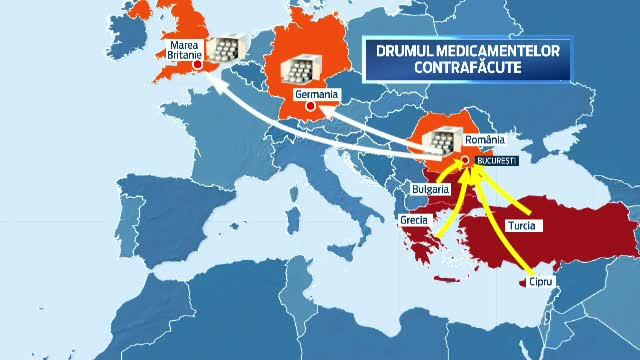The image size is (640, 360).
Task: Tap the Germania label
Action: tap(319, 94)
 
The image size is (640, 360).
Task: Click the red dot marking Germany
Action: tap(311, 105)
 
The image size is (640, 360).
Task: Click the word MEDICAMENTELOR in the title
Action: tap(518, 49)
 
